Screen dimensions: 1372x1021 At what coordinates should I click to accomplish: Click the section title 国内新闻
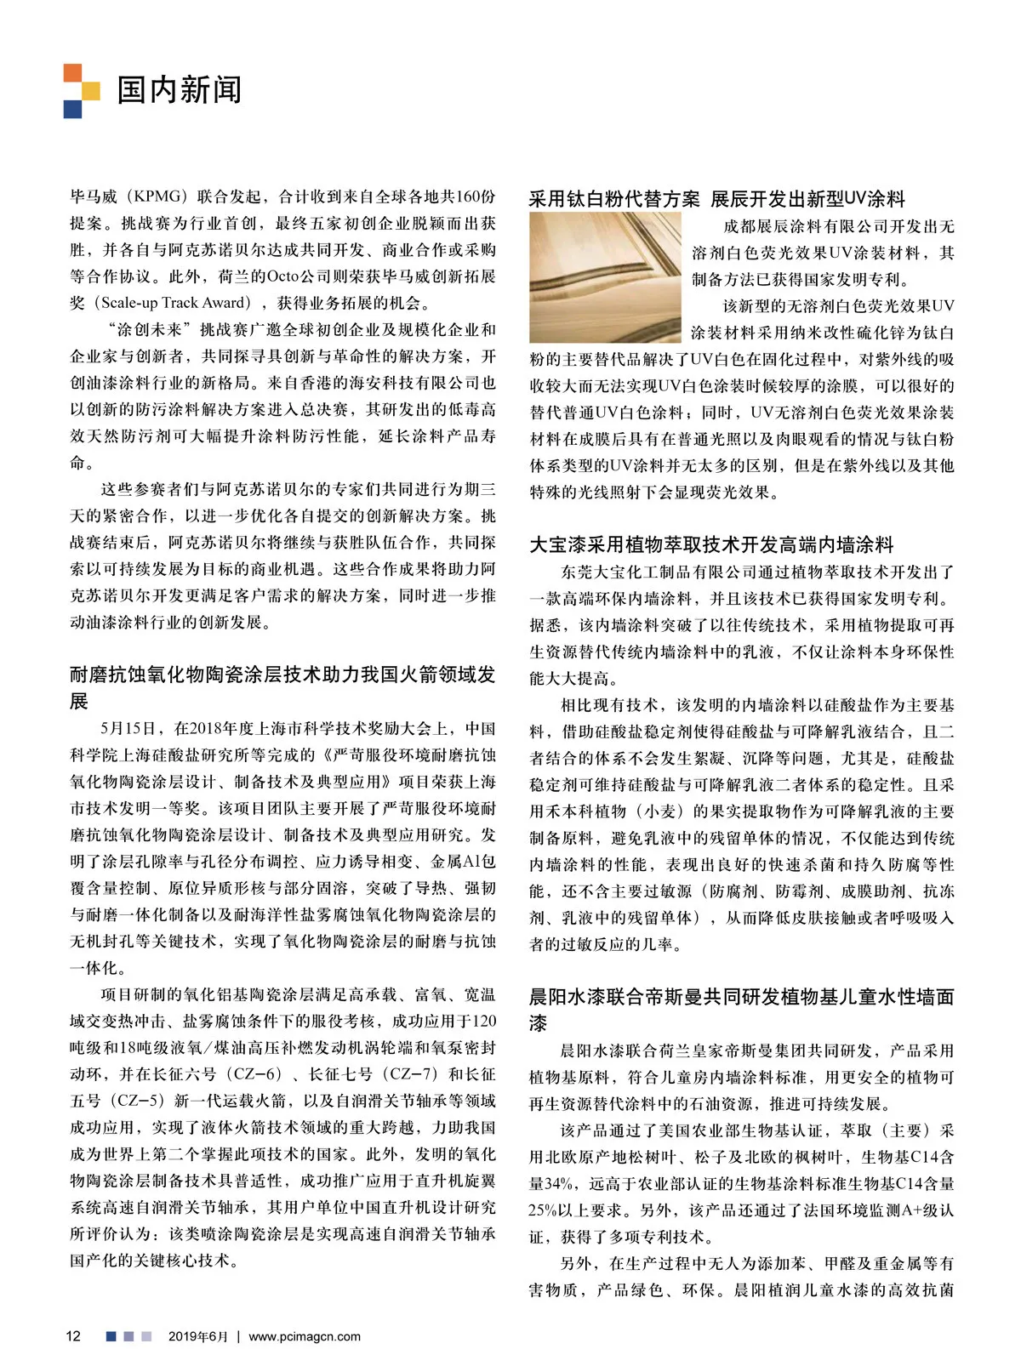click(x=180, y=89)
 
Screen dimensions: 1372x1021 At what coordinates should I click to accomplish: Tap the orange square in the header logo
click(x=72, y=73)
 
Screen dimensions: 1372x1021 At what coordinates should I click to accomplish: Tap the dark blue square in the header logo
click(x=72, y=109)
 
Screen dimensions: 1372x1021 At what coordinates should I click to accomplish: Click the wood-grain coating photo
click(x=605, y=277)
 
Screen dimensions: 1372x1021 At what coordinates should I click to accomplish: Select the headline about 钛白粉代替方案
click(x=716, y=199)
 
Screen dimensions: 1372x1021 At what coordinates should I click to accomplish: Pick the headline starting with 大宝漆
click(x=711, y=544)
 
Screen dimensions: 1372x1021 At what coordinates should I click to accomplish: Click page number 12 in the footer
click(x=73, y=1335)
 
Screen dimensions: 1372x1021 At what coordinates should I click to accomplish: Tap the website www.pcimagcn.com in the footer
click(x=305, y=1336)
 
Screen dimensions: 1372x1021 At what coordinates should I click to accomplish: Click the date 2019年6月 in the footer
click(x=197, y=1336)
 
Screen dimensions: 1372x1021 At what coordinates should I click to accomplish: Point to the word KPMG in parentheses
click(x=157, y=197)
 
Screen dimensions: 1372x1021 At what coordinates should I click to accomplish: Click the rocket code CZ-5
click(x=137, y=1101)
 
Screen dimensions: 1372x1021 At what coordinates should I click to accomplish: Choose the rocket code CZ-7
click(x=404, y=1074)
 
